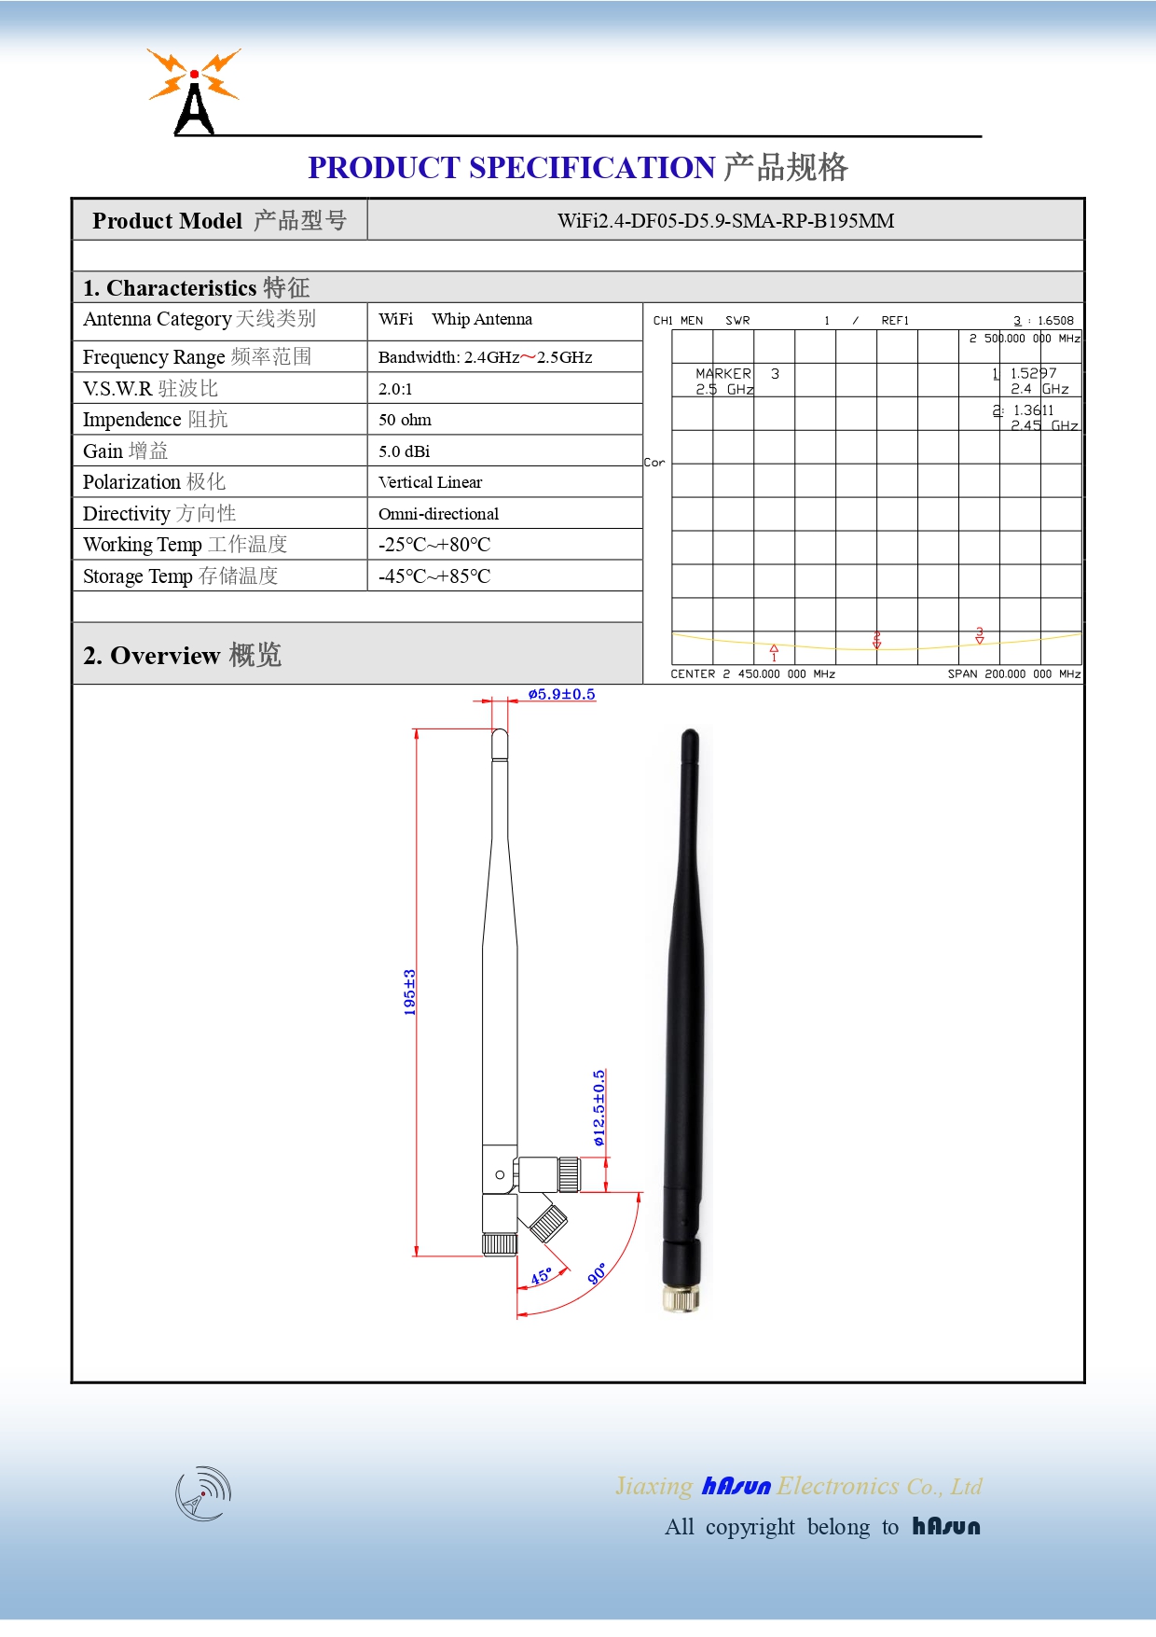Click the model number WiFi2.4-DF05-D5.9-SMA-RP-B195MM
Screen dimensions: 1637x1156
pos(725,221)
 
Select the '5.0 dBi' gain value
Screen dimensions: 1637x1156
pos(404,451)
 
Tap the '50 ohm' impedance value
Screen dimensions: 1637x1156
pos(405,420)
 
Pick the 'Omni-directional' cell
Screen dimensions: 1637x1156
pos(438,514)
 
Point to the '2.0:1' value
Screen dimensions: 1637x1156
pos(395,389)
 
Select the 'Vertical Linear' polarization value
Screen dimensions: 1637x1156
pos(430,482)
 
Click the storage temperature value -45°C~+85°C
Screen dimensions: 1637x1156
pos(433,576)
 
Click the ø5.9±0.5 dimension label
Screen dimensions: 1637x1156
pos(561,694)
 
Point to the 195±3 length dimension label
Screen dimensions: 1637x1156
pos(409,992)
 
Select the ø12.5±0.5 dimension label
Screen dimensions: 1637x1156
pos(599,1107)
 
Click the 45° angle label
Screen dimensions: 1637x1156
pos(542,1276)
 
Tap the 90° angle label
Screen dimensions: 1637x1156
pos(598,1273)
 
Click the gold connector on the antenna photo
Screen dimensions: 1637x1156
pos(681,1297)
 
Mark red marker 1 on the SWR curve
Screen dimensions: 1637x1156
pos(774,651)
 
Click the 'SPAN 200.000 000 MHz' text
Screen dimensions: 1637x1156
pos(1013,673)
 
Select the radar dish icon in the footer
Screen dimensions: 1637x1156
pos(203,1492)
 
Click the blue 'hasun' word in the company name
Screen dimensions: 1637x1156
pos(736,1486)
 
